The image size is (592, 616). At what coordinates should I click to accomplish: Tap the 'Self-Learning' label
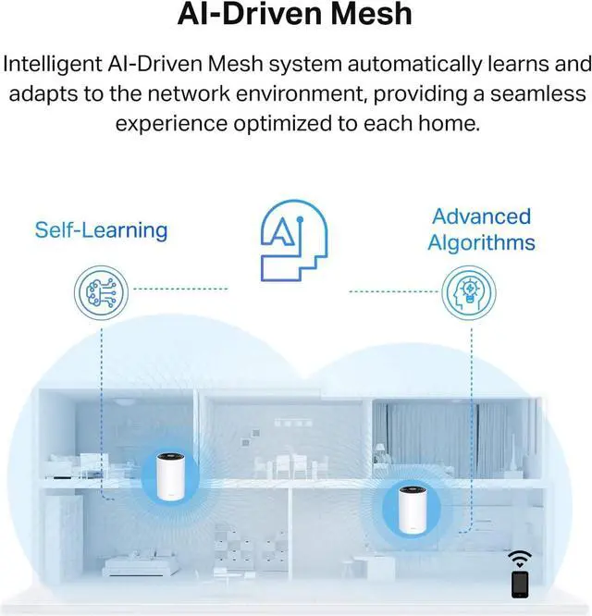[101, 229]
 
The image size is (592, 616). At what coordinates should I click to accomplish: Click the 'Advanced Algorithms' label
[481, 229]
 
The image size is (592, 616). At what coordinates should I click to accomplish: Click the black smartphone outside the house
[520, 585]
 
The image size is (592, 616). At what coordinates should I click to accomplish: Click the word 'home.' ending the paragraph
[451, 124]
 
